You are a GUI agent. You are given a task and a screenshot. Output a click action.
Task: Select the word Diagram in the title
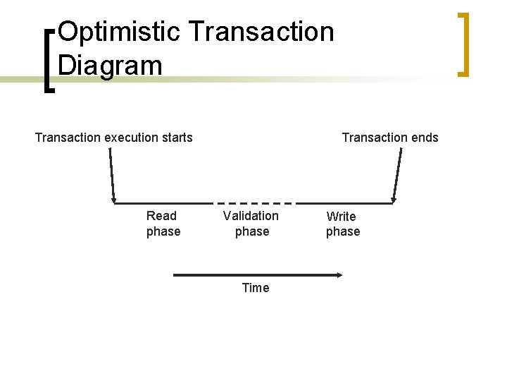click(111, 65)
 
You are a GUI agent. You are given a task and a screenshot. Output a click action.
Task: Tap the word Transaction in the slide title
click(262, 32)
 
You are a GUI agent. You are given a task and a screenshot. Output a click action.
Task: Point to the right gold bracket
click(462, 44)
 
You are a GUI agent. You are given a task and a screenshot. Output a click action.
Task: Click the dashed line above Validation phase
click(253, 203)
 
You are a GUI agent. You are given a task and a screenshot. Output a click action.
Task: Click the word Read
click(161, 216)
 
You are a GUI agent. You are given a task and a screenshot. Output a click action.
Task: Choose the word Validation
click(251, 216)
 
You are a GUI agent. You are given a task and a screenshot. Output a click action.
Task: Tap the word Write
click(342, 217)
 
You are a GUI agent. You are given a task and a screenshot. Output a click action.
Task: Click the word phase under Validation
click(252, 231)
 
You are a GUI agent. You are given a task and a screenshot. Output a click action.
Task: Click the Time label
click(255, 288)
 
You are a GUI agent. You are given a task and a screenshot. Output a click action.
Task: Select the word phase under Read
click(163, 231)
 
